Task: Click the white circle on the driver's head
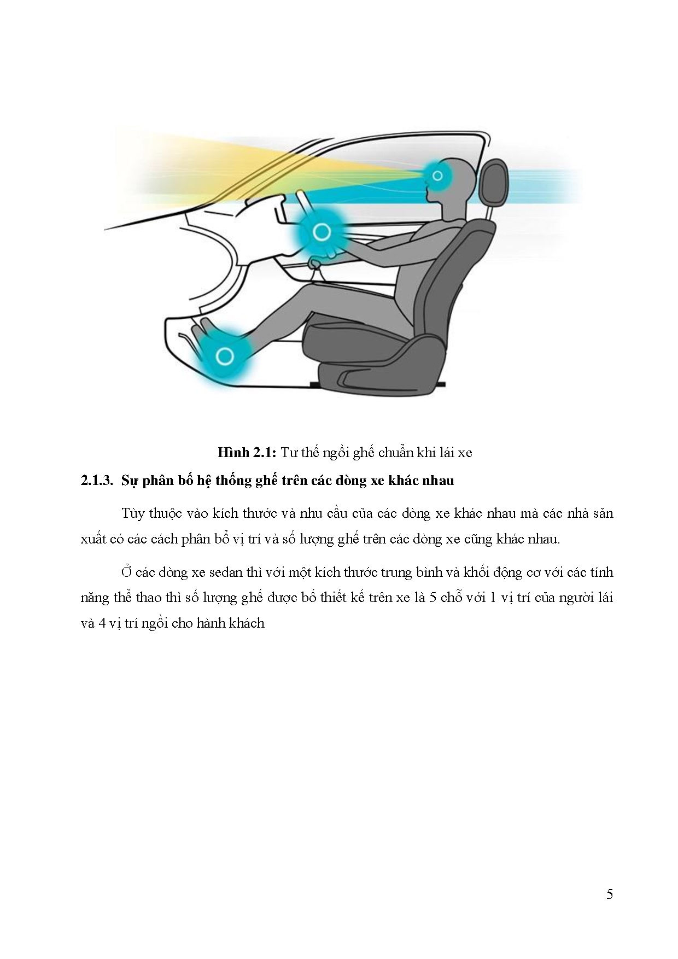[437, 175]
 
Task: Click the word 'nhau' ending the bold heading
[439, 481]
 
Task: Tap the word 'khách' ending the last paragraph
[249, 623]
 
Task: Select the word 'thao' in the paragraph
[143, 598]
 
